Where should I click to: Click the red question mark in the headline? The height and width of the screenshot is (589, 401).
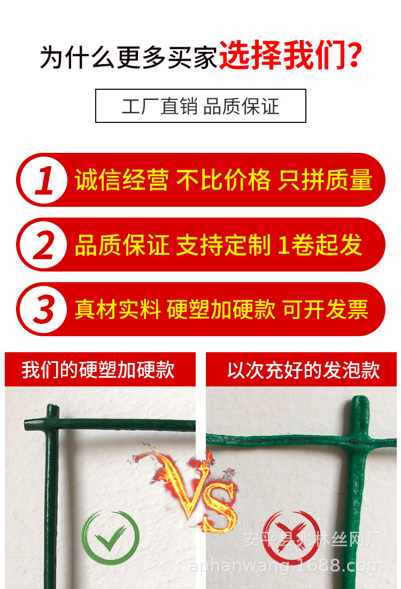point(353,57)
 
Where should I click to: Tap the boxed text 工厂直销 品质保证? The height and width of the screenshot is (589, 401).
point(200,106)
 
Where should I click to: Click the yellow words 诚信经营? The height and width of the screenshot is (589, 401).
point(121,180)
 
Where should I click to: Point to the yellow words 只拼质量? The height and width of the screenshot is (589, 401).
point(325,180)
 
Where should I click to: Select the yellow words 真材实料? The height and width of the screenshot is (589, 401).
point(117,309)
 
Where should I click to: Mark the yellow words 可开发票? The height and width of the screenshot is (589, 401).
point(326,309)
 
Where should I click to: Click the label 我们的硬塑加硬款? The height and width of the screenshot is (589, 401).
point(98,370)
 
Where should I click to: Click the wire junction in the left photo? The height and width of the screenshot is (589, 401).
point(52,422)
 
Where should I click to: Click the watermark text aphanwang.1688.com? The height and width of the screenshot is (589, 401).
point(287,566)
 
